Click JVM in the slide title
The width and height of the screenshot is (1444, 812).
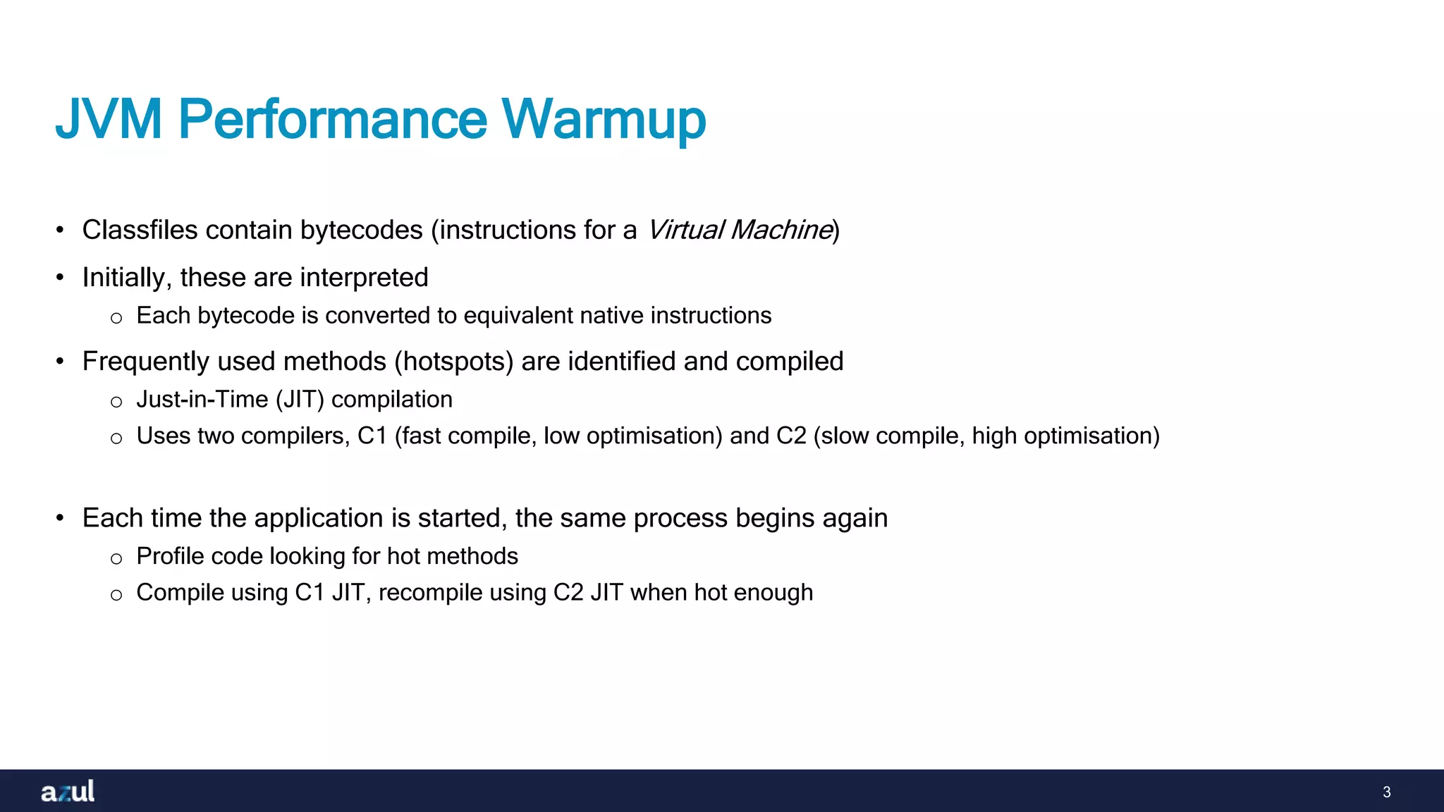[x=109, y=118]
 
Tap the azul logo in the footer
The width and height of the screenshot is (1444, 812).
[x=68, y=791]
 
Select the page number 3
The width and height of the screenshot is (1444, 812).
[x=1386, y=792]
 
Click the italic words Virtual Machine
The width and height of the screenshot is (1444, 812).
[x=740, y=230]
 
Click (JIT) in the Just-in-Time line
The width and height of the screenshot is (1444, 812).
[x=300, y=400]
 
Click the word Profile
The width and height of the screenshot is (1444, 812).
[x=169, y=556]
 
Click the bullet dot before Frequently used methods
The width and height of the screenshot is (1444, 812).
[x=61, y=362]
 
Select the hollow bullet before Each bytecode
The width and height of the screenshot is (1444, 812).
[x=116, y=318]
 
